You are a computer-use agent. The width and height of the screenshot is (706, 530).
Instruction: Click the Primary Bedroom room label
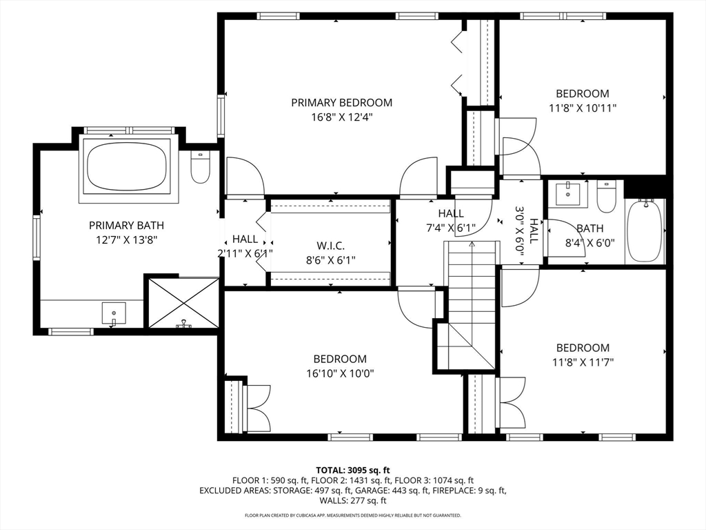pos(341,103)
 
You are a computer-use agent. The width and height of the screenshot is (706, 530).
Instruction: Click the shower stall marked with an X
pos(183,302)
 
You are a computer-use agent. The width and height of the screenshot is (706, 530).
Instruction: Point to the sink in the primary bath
pos(113,313)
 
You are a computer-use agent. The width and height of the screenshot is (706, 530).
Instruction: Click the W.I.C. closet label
pos(330,246)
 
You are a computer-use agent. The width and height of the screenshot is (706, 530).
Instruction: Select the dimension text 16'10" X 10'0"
pos(340,373)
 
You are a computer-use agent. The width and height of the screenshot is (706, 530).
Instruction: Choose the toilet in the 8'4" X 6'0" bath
pos(606,197)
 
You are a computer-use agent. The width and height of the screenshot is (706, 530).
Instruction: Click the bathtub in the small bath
pos(645,230)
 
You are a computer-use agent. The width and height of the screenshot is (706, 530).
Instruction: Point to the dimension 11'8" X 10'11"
pos(583,108)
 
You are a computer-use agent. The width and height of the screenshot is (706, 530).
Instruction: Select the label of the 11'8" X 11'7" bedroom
pos(583,348)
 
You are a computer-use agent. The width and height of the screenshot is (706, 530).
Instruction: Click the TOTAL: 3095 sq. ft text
pos(352,470)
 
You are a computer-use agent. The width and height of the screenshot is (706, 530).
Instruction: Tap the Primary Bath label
pos(126,225)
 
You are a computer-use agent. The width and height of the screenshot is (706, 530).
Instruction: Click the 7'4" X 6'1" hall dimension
pos(450,227)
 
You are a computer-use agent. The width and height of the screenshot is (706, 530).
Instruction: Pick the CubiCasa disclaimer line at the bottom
pos(352,515)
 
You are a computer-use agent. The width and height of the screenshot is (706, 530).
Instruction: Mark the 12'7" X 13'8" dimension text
pos(126,239)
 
